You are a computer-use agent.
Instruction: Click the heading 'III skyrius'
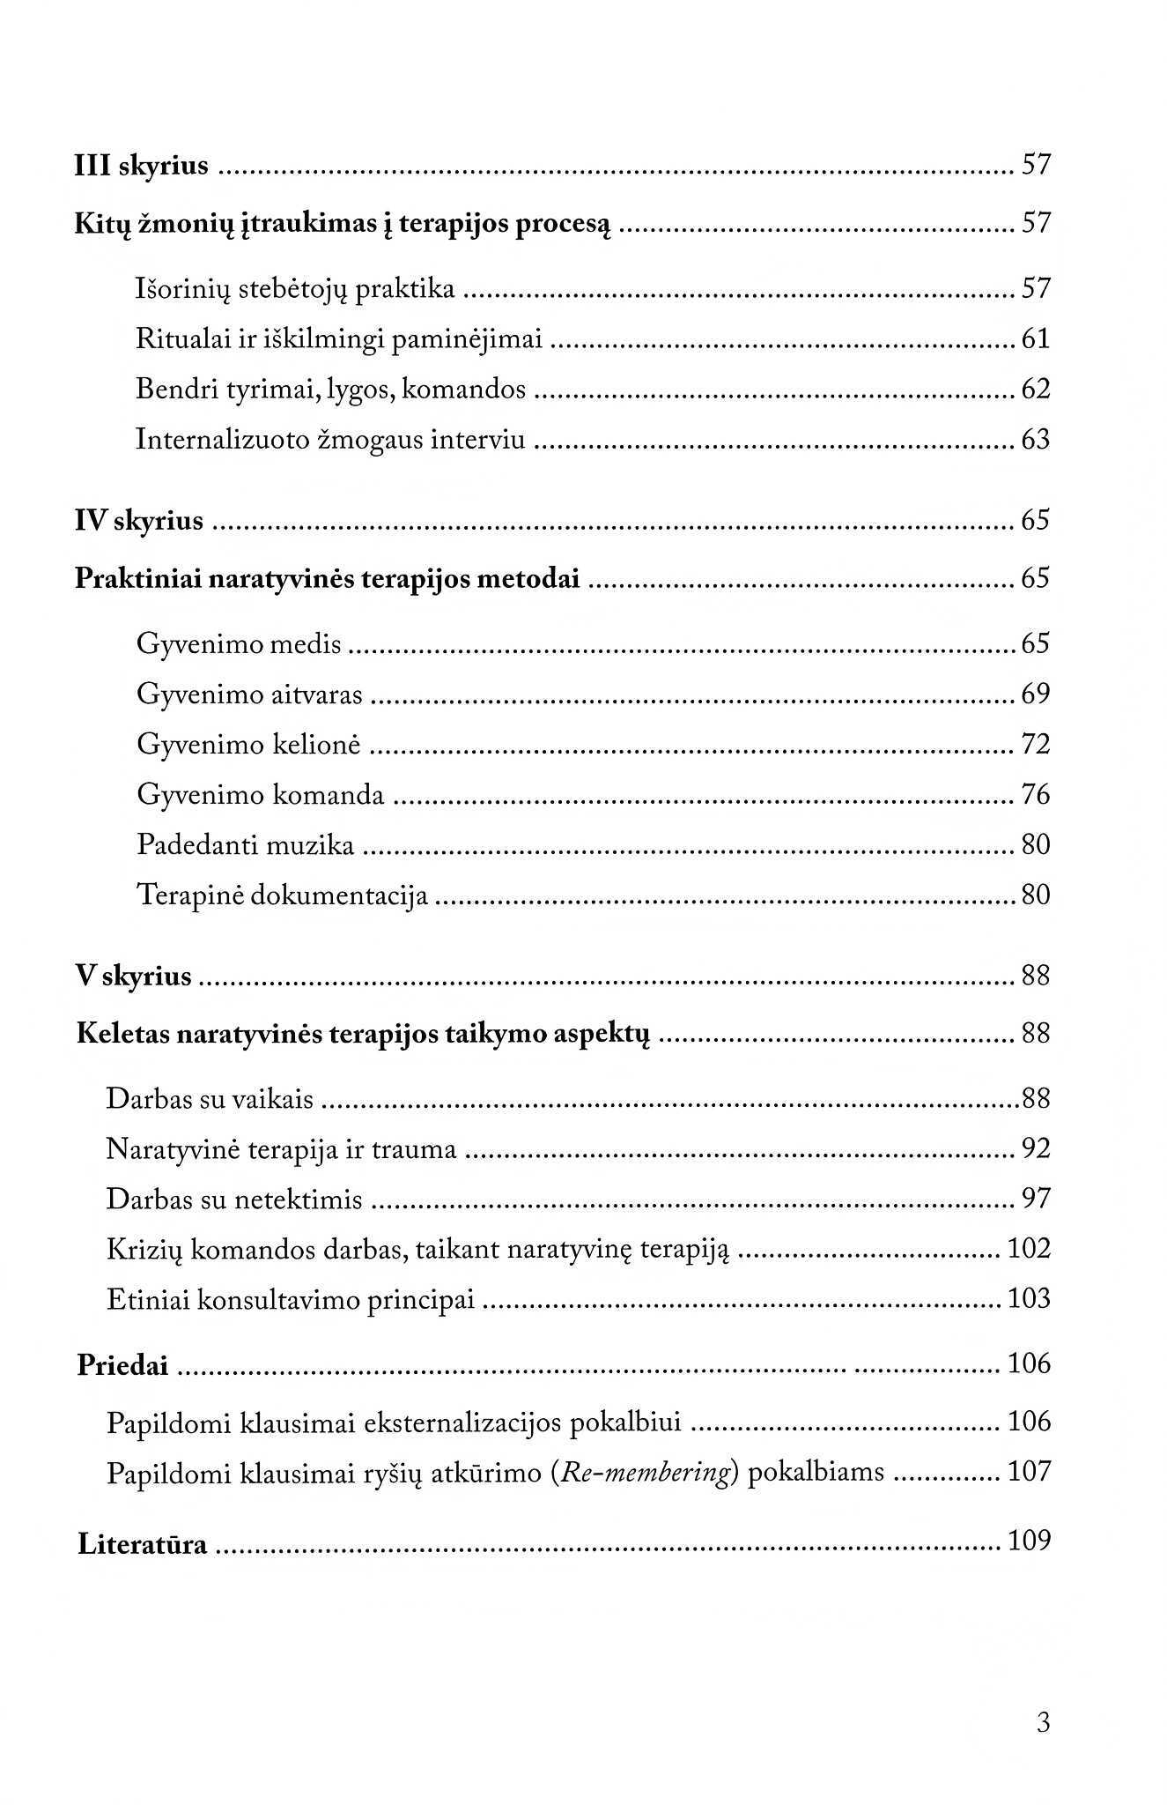pos(142,166)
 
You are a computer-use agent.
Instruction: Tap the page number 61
pos(1036,338)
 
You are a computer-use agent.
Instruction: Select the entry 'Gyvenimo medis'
pos(239,644)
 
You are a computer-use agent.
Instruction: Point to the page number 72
pos(1036,745)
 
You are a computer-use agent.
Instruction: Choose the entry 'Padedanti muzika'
pos(246,845)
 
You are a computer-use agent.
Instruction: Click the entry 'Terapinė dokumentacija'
pos(283,895)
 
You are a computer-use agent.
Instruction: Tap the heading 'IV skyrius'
pos(139,521)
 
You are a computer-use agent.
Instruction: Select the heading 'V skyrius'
pos(134,977)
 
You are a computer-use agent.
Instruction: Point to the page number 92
pos(1036,1149)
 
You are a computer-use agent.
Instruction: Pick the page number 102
pos(1029,1249)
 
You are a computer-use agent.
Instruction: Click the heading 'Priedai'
pos(122,1364)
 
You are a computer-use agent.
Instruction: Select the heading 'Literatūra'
pos(143,1544)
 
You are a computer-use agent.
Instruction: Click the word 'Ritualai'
pos(182,338)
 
